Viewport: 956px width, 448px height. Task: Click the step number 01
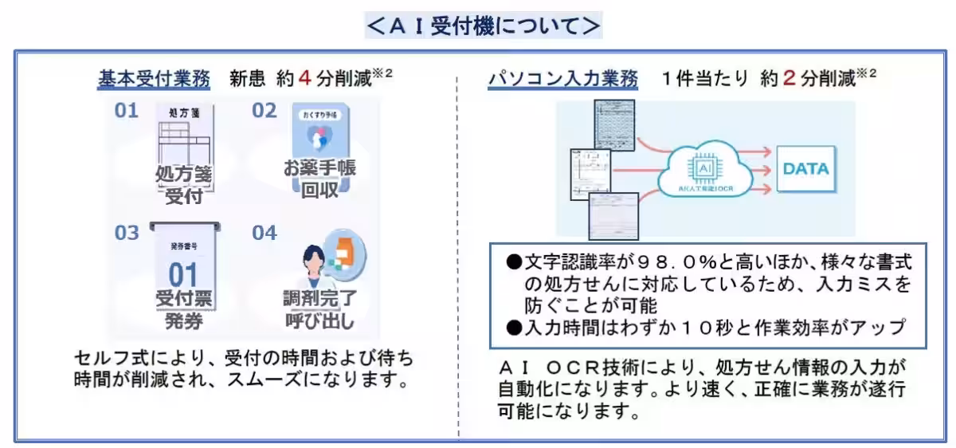126,111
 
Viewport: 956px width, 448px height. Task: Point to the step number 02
264,111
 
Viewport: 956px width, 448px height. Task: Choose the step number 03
126,233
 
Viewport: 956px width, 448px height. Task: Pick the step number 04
264,233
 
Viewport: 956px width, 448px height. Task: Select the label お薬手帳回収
319,180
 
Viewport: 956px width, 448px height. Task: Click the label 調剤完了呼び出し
321,311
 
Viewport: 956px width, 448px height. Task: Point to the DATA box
805,169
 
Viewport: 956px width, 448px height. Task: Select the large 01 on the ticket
183,275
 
